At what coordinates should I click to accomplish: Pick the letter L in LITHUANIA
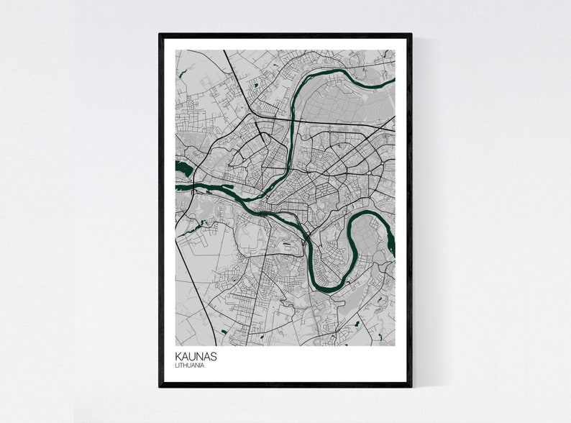point(176,365)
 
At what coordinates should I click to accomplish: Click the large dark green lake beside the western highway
point(183,170)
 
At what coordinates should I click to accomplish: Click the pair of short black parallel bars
point(289,246)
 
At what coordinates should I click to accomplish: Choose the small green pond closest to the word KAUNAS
point(223,332)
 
